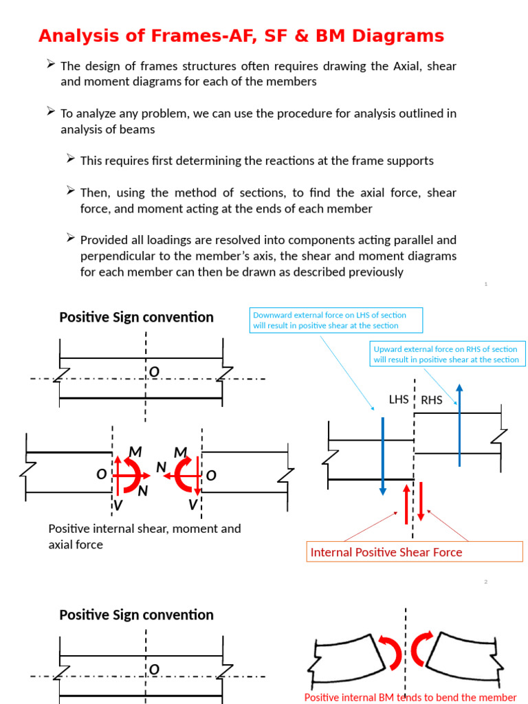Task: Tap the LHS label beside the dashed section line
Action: pos(399,399)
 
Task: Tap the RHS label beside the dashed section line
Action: pos(432,400)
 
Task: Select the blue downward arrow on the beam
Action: pos(383,454)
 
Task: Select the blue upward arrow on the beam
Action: pos(459,426)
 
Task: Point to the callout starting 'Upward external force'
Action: pos(446,354)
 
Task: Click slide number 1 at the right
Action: pos(486,284)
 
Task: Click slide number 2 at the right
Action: pos(486,582)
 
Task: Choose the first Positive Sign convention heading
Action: pos(136,317)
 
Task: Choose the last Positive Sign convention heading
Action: pos(136,615)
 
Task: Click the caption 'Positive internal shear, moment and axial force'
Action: pos(144,536)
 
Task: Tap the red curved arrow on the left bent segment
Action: pos(393,651)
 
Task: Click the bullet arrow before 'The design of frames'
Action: pos(51,64)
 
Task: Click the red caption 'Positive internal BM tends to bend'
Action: pos(410,697)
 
